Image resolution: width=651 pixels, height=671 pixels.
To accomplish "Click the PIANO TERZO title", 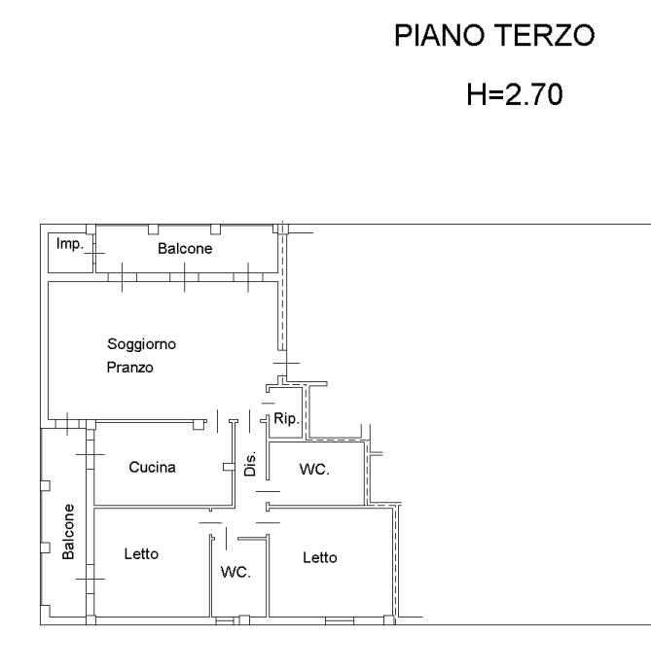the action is (494, 35).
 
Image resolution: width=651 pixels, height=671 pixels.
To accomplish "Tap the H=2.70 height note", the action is (515, 94).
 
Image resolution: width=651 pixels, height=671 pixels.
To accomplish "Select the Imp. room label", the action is (69, 244).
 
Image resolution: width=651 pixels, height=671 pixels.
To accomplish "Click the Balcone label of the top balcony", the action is (185, 248).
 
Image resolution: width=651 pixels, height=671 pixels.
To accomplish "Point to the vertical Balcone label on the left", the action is (68, 532).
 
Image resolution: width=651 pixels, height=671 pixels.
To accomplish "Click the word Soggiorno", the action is (141, 344).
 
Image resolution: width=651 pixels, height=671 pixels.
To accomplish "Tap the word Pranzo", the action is (129, 368).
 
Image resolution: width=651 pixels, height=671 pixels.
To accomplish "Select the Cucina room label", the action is (152, 467).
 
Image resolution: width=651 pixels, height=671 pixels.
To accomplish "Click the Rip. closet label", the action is (286, 418).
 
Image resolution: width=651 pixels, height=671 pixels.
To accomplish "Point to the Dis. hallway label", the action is (250, 464).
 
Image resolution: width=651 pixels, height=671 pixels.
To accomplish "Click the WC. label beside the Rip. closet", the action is (314, 469).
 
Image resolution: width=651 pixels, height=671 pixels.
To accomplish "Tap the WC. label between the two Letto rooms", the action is (235, 572).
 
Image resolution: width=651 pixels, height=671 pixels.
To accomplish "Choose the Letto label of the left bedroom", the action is (141, 553).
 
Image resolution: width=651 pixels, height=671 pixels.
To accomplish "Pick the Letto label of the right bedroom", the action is (320, 557).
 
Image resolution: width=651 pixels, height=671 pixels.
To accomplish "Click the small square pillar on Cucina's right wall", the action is (229, 467).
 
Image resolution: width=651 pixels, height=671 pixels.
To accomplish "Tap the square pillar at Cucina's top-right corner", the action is (199, 425).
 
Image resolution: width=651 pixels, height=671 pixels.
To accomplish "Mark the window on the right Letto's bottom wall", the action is (340, 620).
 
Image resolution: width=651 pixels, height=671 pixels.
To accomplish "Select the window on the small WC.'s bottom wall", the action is (225, 621).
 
